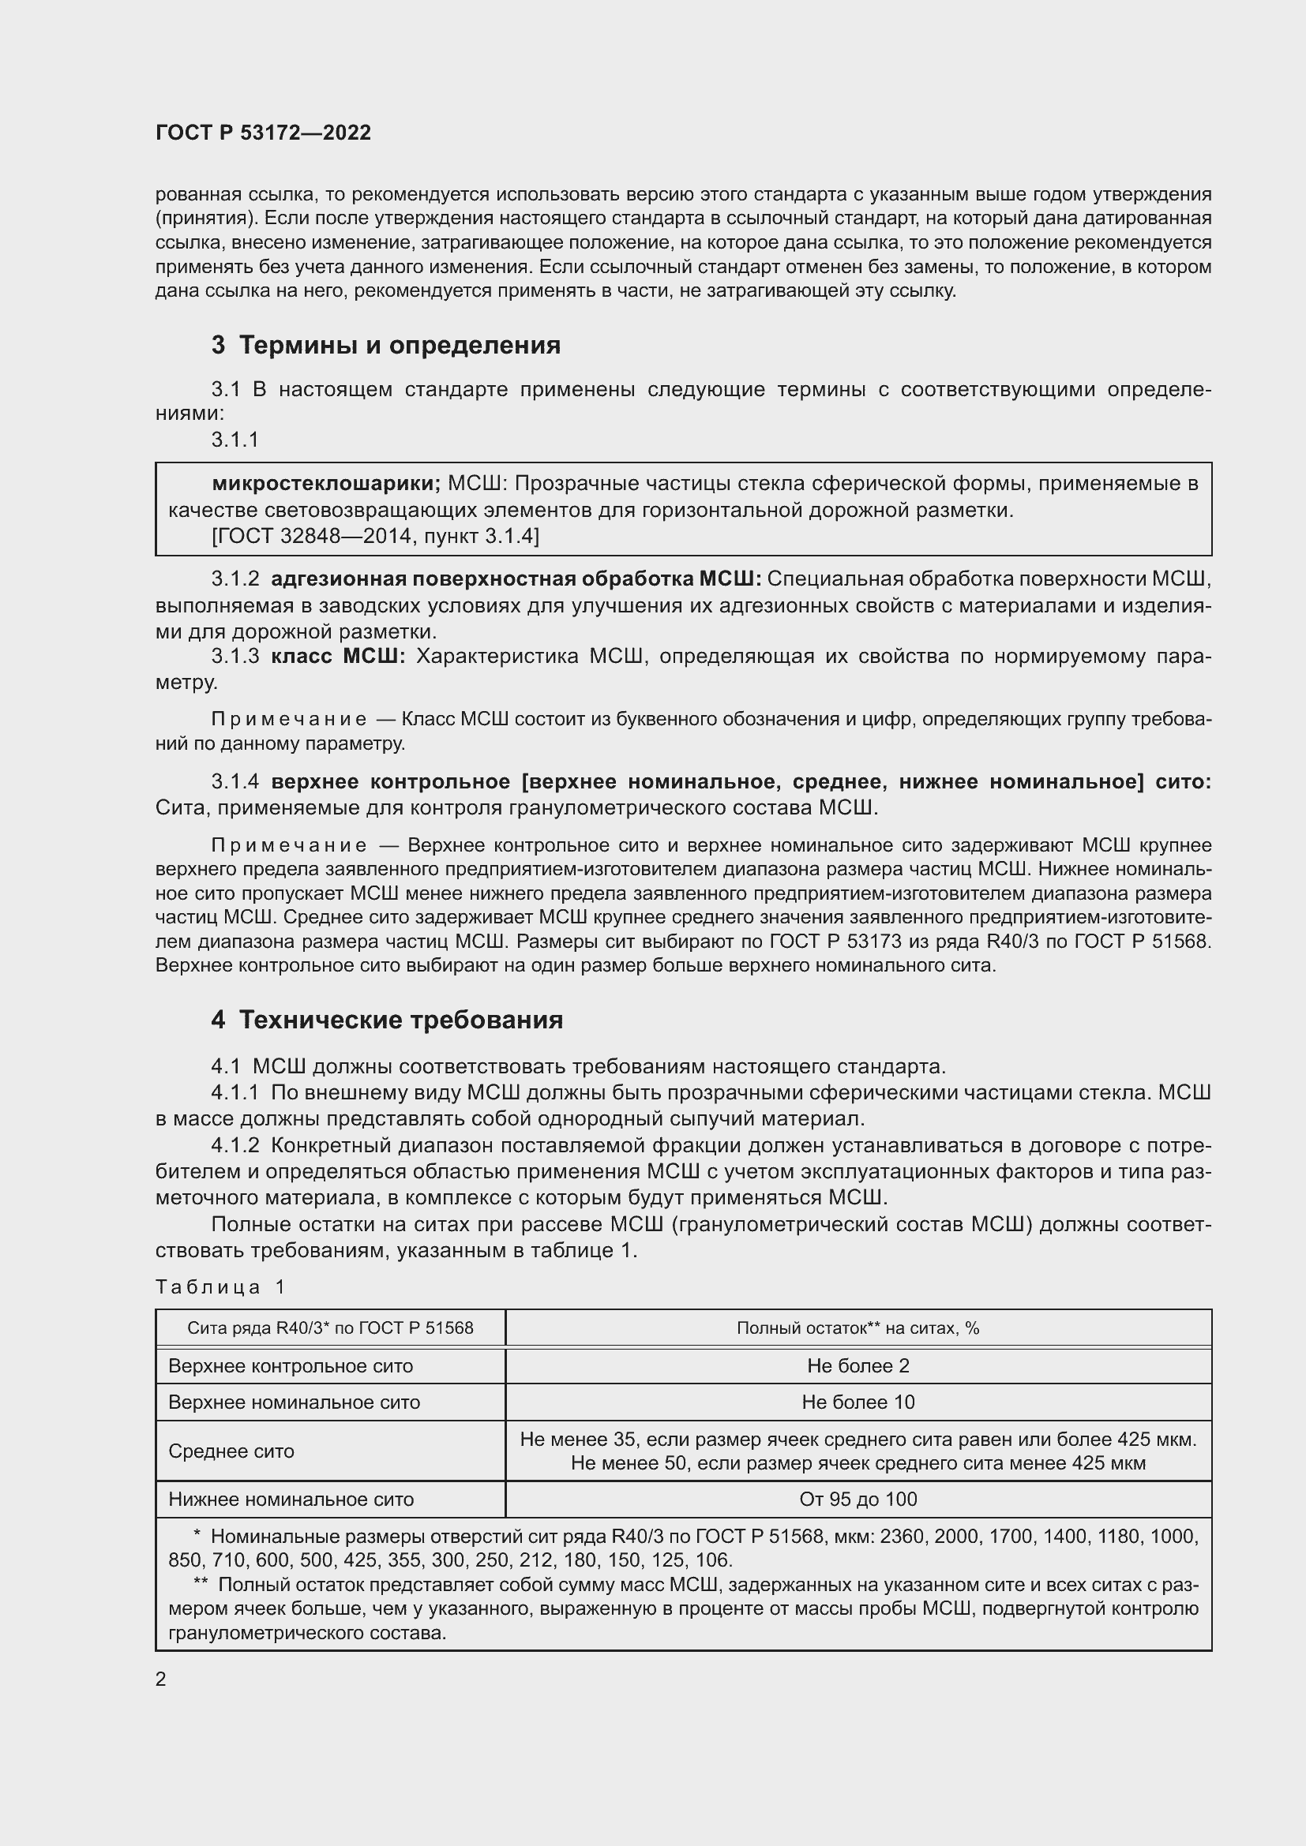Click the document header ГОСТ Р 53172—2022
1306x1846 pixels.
pyautogui.click(x=263, y=133)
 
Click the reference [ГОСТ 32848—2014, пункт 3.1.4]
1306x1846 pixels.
pyautogui.click(x=376, y=535)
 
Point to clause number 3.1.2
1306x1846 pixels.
pyautogui.click(x=235, y=579)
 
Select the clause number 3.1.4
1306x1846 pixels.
pyautogui.click(x=235, y=781)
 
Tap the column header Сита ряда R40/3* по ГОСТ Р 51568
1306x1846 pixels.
pyautogui.click(x=330, y=1327)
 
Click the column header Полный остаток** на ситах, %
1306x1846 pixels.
pyautogui.click(x=858, y=1327)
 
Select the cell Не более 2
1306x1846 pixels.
pyautogui.click(x=858, y=1365)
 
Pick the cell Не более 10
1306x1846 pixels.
pyautogui.click(x=858, y=1402)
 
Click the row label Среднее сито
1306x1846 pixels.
pyautogui.click(x=231, y=1451)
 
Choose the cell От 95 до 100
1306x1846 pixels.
pyautogui.click(x=858, y=1499)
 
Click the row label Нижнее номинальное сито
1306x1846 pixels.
pyautogui.click(x=291, y=1499)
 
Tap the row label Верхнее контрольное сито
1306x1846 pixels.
pyautogui.click(x=291, y=1365)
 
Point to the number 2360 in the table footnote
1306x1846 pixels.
pyautogui.click(x=902, y=1537)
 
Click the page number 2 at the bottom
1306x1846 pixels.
pyautogui.click(x=161, y=1679)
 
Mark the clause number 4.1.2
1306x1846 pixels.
pyautogui.click(x=235, y=1145)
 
